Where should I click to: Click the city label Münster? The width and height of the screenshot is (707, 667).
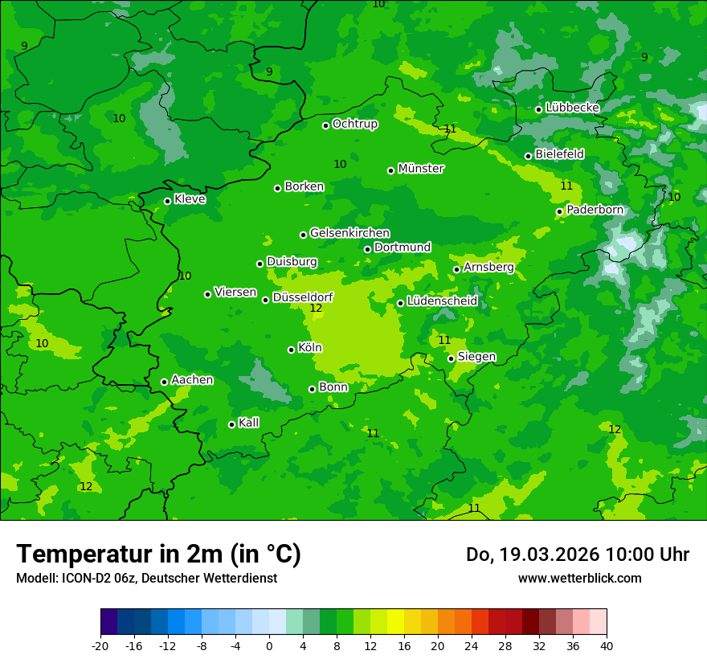[x=420, y=169]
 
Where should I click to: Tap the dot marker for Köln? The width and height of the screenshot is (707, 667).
[x=292, y=350]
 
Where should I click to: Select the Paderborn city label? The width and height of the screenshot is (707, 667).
[x=595, y=210]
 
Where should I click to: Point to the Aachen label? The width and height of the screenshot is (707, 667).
[x=192, y=380]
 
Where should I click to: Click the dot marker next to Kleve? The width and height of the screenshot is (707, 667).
[x=168, y=201]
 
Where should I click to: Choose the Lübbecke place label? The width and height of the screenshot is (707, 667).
[x=572, y=108]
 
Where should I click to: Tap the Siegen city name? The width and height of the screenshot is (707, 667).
[x=476, y=357]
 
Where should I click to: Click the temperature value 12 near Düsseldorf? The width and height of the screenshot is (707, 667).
[x=316, y=308]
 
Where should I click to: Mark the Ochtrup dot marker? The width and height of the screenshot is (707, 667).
[x=326, y=125]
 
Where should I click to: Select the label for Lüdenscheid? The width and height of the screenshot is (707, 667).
[x=442, y=301]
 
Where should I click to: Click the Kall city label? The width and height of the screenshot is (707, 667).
[x=248, y=423]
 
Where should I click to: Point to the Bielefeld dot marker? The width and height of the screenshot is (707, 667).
[x=529, y=156]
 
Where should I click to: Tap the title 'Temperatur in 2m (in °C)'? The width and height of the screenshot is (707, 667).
[x=158, y=554]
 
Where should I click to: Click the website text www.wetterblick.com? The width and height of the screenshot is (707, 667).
[x=579, y=578]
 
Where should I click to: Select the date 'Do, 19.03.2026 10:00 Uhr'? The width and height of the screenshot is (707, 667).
[x=577, y=554]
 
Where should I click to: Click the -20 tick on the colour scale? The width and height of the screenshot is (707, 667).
[x=100, y=645]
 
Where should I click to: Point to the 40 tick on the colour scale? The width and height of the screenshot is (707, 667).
[x=607, y=645]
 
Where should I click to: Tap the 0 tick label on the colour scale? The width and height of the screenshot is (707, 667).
[x=269, y=645]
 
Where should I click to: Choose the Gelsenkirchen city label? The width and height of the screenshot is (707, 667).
[x=349, y=233]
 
